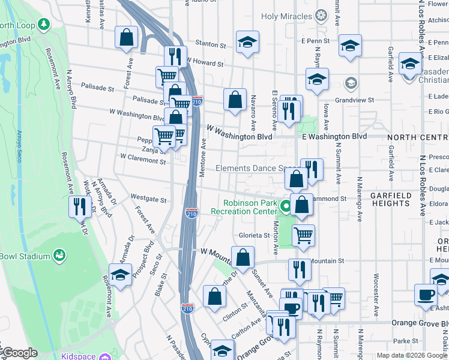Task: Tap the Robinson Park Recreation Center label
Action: coord(244,207)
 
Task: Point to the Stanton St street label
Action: coord(211,45)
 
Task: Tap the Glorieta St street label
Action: coord(255,236)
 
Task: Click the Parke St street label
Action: coord(406,341)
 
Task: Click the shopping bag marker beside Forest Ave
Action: coord(127,37)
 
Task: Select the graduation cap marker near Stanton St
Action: coord(247,41)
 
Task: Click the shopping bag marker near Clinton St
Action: coord(214,296)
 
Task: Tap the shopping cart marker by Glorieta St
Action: coord(304,235)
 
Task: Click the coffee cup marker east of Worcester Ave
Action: coord(426,295)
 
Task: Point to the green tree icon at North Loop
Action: coord(43,25)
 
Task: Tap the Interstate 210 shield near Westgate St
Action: coord(191,213)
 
